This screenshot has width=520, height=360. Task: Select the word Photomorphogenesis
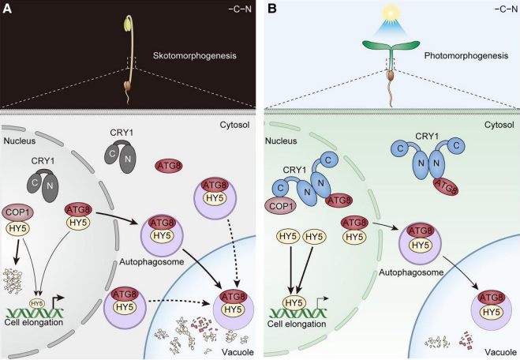pyautogui.click(x=452, y=56)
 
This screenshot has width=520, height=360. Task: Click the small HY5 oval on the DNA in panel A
pyautogui.click(x=36, y=302)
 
